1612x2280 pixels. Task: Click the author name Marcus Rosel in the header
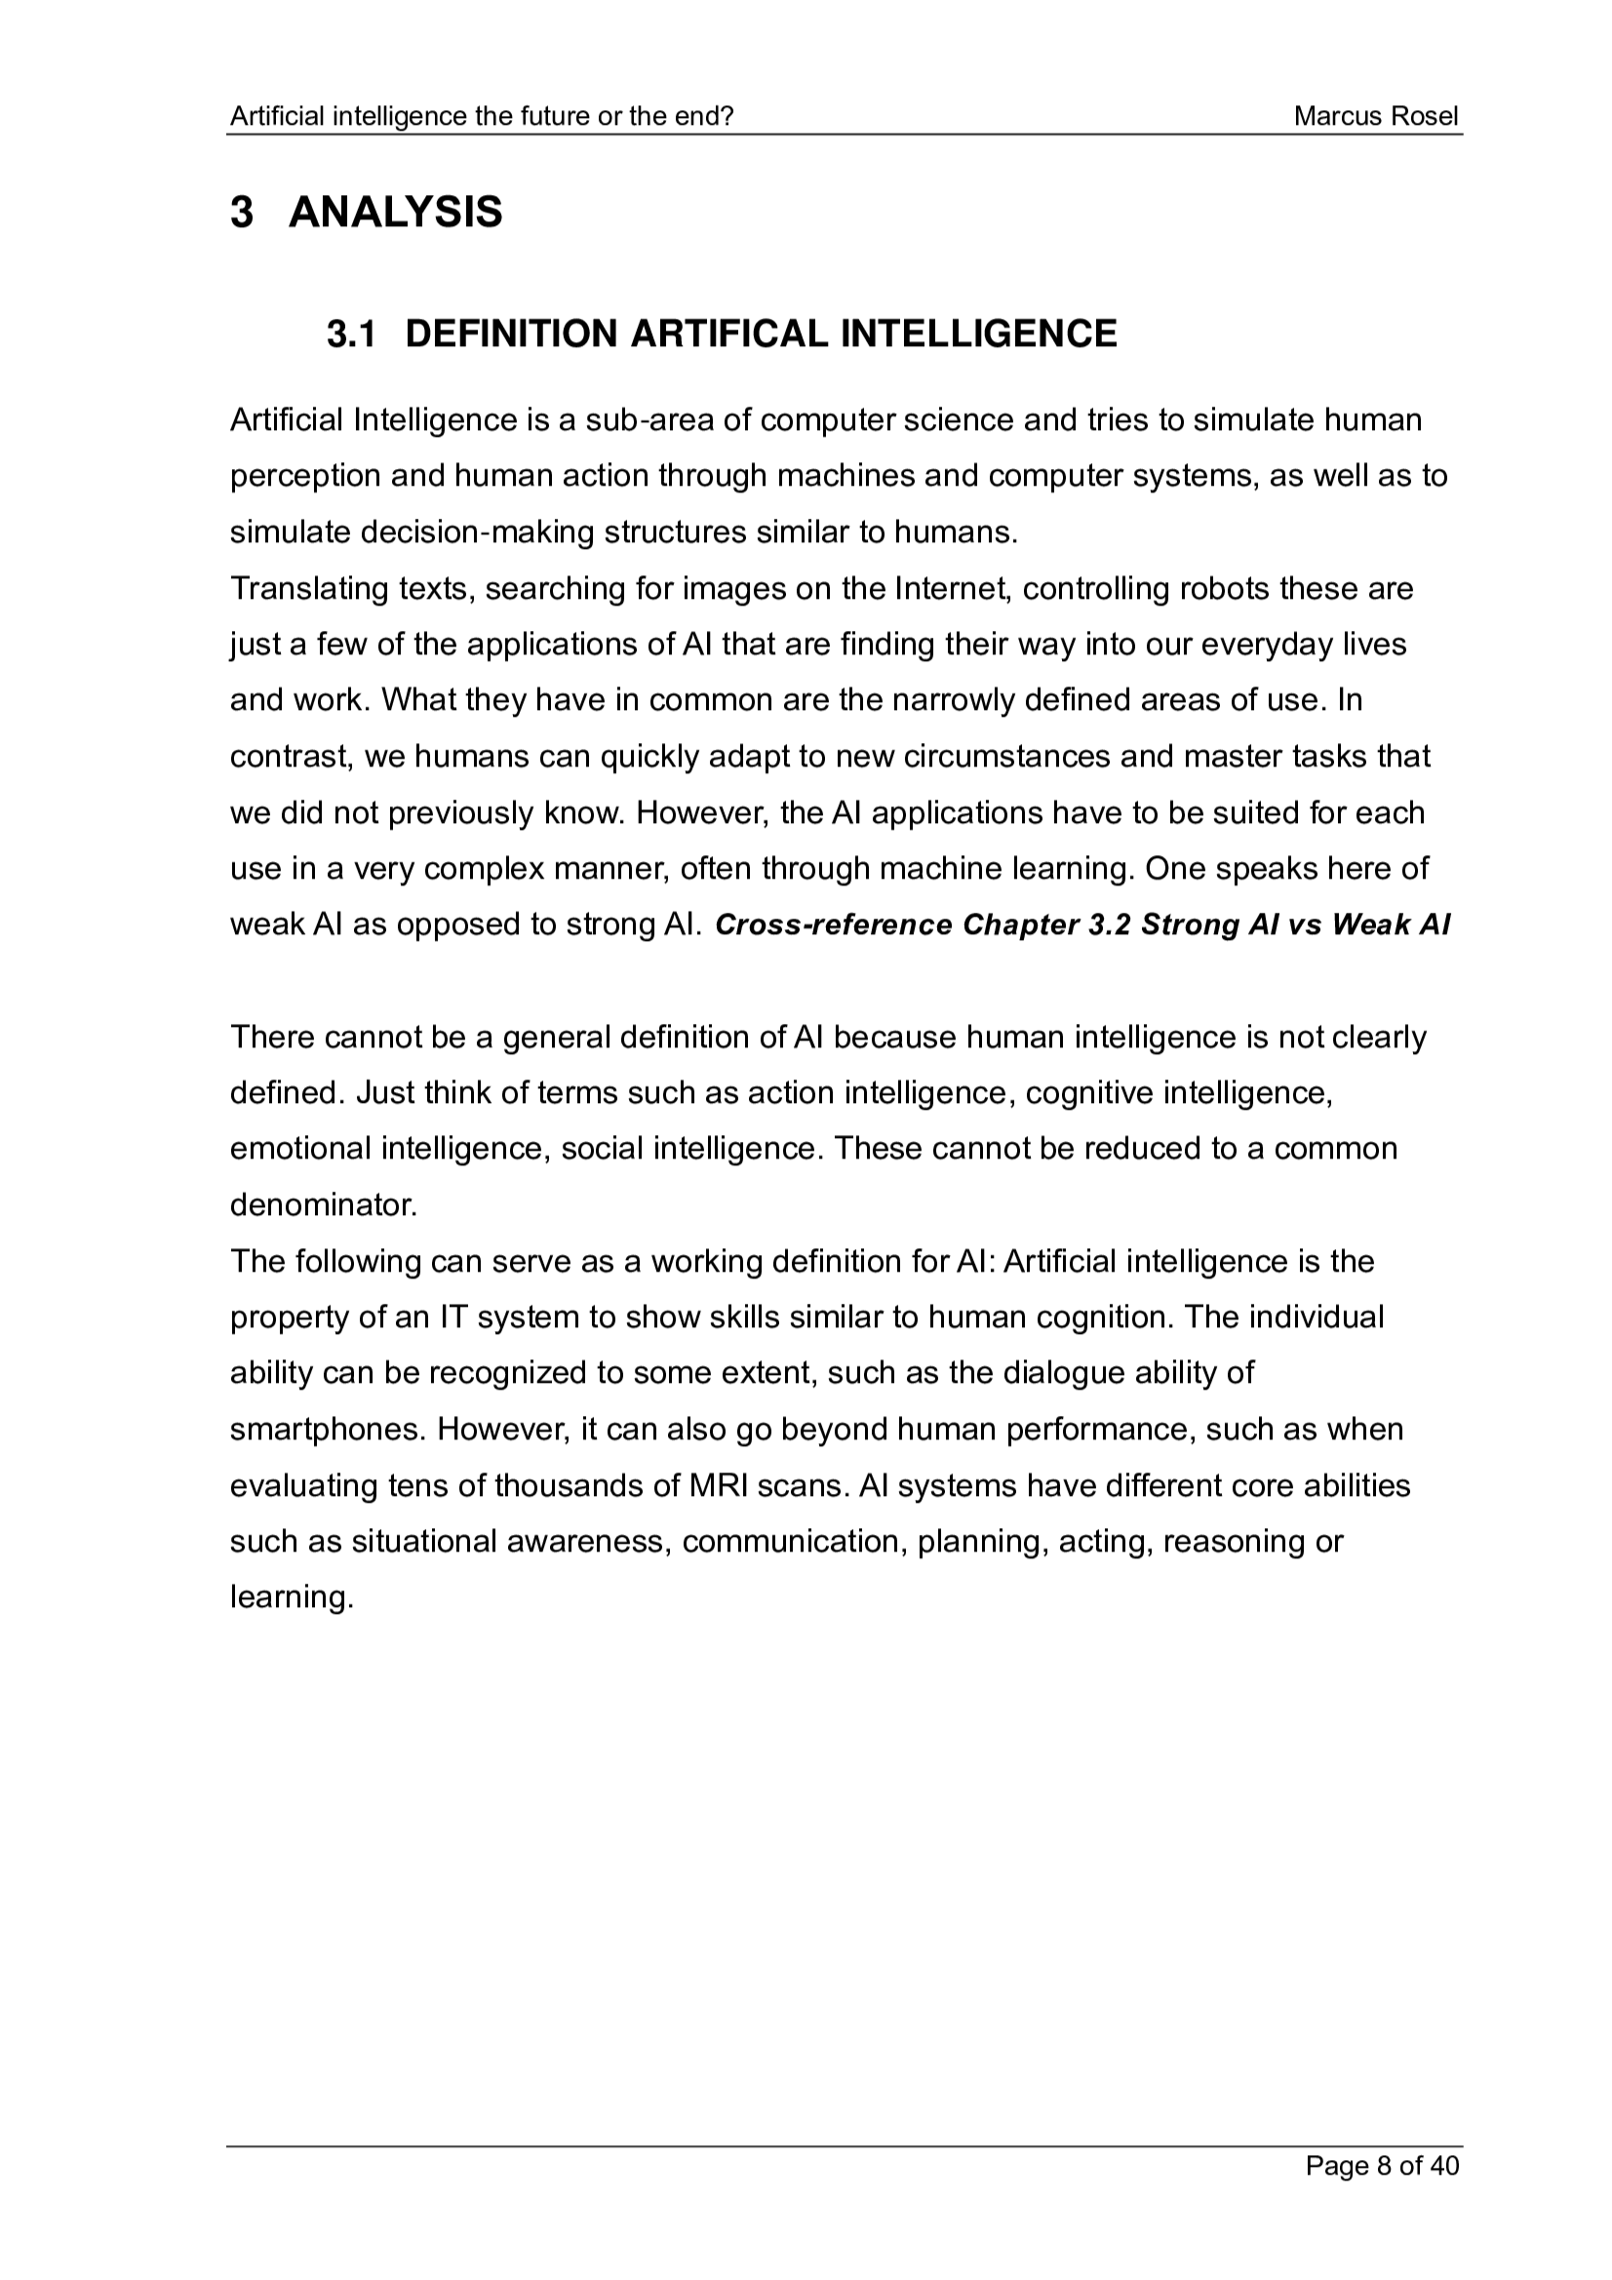[x=1376, y=117]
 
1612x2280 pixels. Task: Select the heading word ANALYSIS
[x=395, y=213]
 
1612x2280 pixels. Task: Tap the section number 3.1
[x=352, y=334]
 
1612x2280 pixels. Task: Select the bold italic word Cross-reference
[x=834, y=925]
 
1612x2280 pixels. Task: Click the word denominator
[x=323, y=1205]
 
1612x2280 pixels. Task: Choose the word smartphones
[x=328, y=1430]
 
